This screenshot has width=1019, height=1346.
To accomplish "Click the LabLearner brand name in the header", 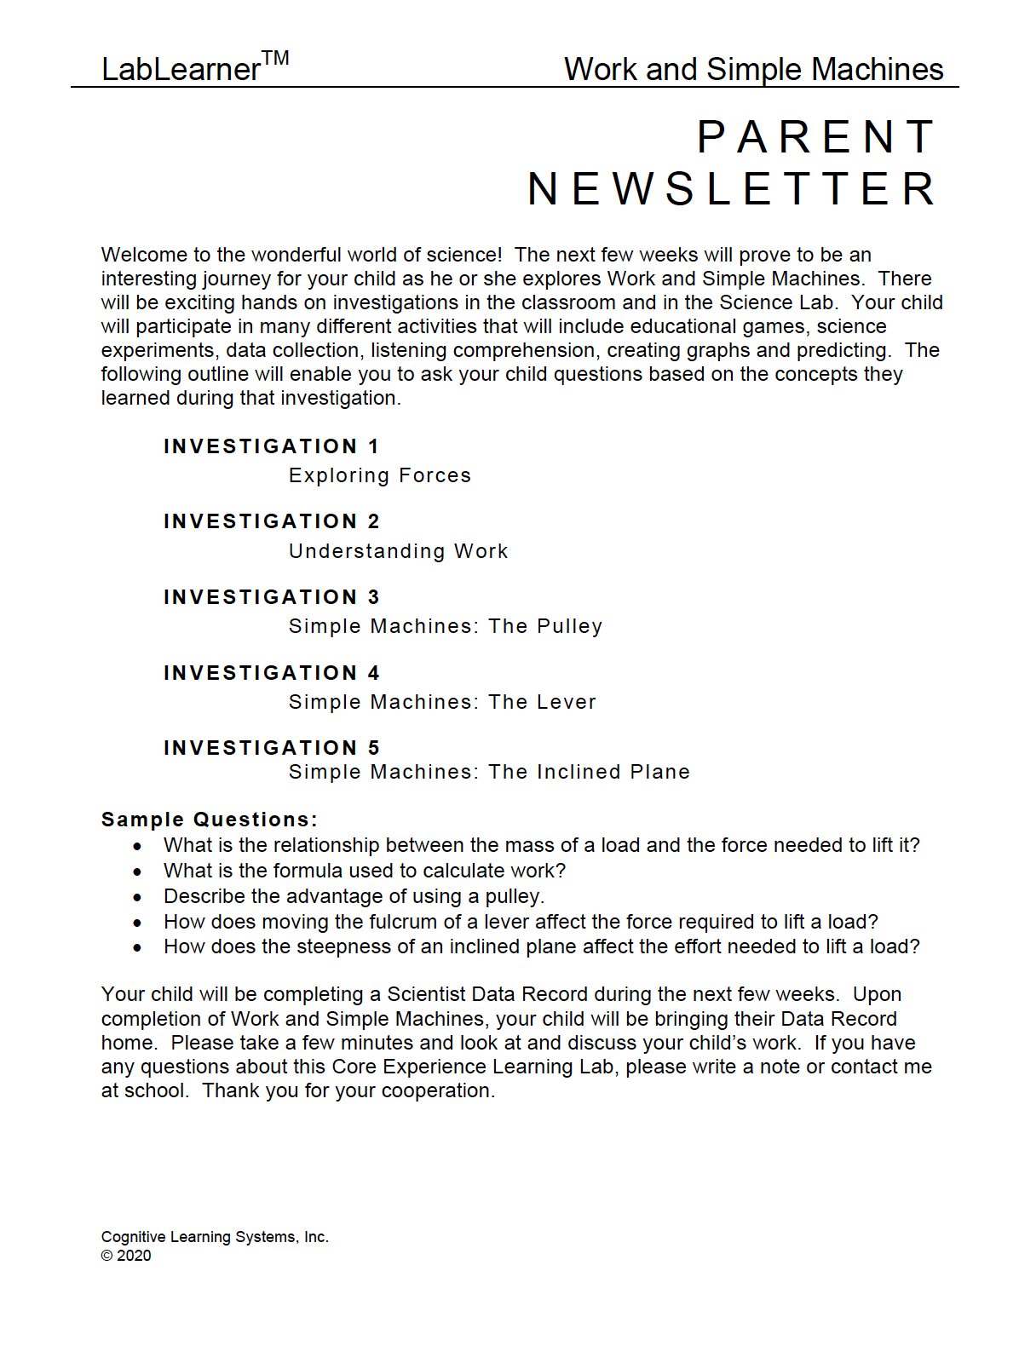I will click(x=181, y=70).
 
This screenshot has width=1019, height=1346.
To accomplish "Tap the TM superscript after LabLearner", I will click(x=275, y=59).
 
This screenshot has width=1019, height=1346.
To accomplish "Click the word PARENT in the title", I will click(x=816, y=137).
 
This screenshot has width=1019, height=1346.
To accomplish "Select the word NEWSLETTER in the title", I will click(x=732, y=189).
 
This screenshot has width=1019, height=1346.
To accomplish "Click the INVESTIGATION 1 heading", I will click(x=271, y=446).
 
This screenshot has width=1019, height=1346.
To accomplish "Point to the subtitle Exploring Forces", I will click(x=379, y=475).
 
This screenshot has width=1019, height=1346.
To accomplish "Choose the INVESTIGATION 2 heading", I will click(x=271, y=521).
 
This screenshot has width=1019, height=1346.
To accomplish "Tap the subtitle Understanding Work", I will click(x=398, y=551).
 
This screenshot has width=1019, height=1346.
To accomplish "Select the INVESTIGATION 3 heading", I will click(x=271, y=597).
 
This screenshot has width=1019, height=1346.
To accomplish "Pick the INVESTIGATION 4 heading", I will click(x=271, y=673).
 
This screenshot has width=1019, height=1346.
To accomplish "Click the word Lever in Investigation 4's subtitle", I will click(x=566, y=702).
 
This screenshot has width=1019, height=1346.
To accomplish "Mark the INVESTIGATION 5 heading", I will click(x=271, y=748).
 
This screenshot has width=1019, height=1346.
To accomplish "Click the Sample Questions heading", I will click(x=209, y=820).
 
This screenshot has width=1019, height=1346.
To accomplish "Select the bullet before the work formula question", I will click(x=137, y=871).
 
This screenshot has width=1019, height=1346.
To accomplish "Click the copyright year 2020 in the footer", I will click(x=134, y=1256).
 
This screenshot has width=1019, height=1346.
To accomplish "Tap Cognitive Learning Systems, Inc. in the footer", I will click(x=215, y=1237).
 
